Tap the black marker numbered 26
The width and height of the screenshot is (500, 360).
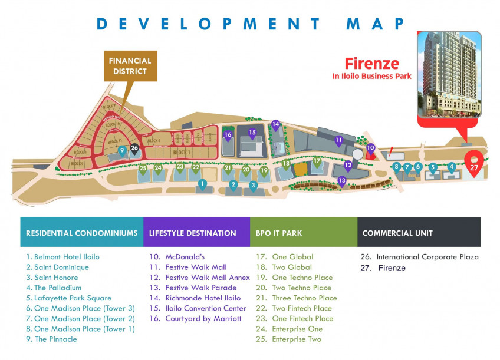point(134,148)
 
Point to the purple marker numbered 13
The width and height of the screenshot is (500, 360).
point(341,181)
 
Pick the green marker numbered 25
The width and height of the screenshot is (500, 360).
point(143,169)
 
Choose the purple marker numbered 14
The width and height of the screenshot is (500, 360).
point(275,125)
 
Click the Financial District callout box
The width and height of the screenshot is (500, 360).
point(130,66)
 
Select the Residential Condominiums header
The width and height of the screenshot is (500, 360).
point(81,233)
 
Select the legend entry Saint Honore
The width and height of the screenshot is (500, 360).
point(52,278)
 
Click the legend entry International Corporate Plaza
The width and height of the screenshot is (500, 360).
point(420,257)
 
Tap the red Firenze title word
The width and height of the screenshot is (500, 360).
point(372,64)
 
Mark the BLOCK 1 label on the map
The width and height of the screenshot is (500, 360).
point(181,153)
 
